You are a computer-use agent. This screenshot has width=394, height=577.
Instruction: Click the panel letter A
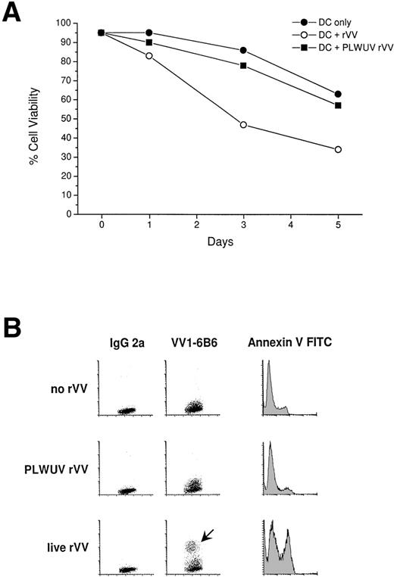(x=14, y=14)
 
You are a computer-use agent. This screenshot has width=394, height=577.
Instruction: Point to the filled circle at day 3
(x=243, y=50)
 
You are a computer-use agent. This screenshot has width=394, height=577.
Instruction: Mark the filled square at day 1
(x=149, y=42)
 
